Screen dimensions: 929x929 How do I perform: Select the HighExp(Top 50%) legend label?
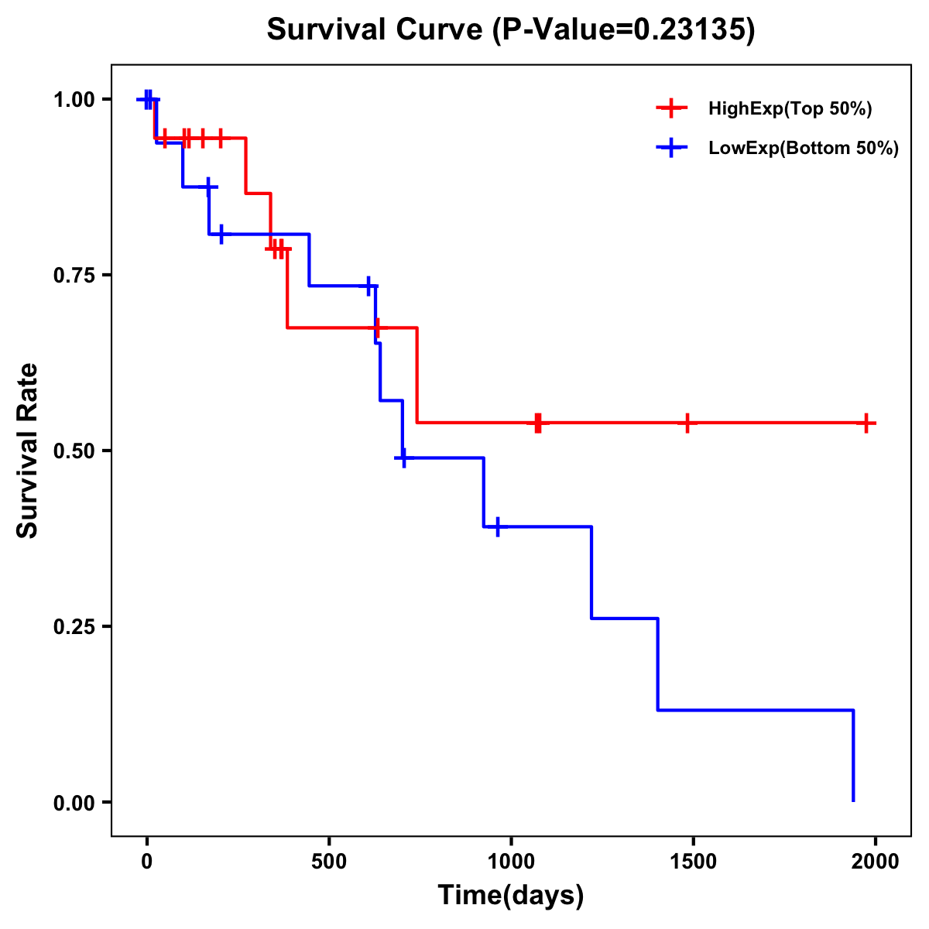click(790, 109)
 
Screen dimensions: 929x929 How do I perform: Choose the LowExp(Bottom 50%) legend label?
click(804, 149)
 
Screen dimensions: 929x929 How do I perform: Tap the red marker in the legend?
click(671, 108)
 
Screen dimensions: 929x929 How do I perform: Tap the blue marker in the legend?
click(671, 148)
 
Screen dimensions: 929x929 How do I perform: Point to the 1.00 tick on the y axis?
click(74, 99)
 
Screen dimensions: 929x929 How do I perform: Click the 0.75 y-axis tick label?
click(74, 275)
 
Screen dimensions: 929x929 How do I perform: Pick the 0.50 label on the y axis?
click(74, 451)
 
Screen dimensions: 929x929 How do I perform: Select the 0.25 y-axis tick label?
click(74, 626)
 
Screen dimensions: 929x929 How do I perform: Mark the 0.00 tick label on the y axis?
click(74, 803)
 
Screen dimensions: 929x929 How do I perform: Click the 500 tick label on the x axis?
click(329, 862)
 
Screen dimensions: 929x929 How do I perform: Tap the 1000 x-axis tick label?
click(511, 862)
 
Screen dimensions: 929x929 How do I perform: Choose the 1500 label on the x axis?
click(693, 862)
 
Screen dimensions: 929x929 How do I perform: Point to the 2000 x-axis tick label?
click(876, 862)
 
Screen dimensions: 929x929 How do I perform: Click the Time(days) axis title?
click(510, 896)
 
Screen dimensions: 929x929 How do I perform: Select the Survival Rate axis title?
click(28, 450)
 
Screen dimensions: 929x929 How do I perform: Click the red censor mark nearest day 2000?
click(866, 423)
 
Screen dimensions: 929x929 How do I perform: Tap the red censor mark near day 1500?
click(687, 423)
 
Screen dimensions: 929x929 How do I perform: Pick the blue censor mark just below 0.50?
click(403, 458)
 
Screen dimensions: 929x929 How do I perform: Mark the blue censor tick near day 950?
click(497, 526)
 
